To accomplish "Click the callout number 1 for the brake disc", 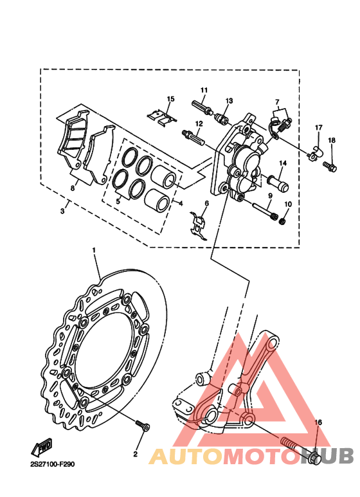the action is tap(94, 250).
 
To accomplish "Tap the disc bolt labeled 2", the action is tap(143, 426).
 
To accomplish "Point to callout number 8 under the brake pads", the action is tap(73, 188).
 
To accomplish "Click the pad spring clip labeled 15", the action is tap(162, 118).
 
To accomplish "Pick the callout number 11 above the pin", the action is tap(204, 91).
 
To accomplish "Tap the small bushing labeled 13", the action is tap(222, 120).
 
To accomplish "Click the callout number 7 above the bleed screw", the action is tap(277, 102).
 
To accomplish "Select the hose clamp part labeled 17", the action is tap(315, 154).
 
